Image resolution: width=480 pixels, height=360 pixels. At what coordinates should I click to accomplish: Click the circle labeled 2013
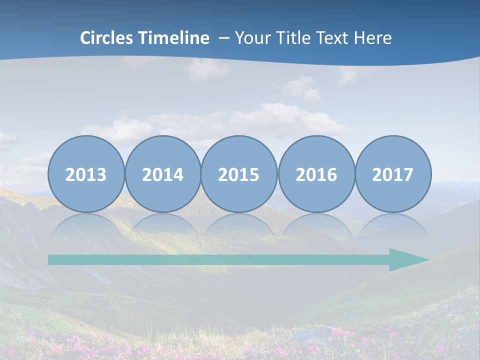pos(86,174)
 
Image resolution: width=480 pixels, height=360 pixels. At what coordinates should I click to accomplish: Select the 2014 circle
pos(163,174)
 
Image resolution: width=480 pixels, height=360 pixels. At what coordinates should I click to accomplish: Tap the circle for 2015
pos(239,174)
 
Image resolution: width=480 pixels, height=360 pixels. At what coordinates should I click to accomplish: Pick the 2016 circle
pos(316,174)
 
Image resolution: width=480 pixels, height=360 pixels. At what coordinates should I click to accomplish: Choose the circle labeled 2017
pos(393,174)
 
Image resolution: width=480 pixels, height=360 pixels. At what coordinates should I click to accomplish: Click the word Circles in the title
pos(107,38)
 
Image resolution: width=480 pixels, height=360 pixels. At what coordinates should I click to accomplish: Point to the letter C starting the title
pos(85,38)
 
